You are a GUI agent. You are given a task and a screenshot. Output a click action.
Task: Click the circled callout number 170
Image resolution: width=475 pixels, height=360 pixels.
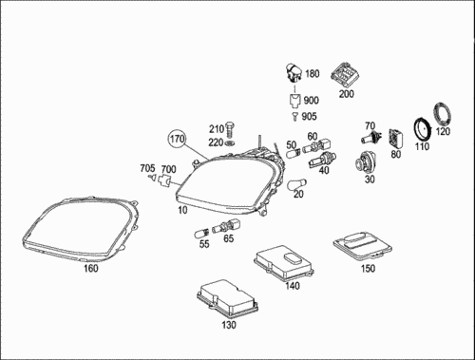(x=177, y=139)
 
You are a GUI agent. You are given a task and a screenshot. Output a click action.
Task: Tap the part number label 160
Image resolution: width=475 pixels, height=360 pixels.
(x=90, y=269)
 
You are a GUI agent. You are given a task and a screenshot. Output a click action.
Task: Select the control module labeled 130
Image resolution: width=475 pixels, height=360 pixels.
(x=227, y=298)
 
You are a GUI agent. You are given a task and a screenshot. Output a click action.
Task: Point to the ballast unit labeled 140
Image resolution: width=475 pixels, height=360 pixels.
(x=284, y=262)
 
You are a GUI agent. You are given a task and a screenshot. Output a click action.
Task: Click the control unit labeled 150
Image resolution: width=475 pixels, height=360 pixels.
(x=363, y=246)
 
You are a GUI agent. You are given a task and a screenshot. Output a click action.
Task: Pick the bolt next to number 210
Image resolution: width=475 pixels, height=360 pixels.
(x=230, y=128)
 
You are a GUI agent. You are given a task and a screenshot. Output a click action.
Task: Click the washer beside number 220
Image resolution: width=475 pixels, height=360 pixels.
(x=230, y=143)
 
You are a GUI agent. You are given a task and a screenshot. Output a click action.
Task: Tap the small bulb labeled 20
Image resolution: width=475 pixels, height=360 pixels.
(x=296, y=184)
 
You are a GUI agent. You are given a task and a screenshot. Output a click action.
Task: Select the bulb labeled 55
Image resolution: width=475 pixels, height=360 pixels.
(x=201, y=235)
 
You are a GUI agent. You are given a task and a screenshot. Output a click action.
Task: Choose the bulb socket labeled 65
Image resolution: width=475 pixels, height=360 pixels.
(x=226, y=226)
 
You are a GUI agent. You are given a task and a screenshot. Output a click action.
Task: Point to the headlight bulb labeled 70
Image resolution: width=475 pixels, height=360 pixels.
(x=371, y=138)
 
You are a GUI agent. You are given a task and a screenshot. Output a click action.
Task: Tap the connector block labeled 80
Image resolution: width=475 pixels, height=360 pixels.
(x=396, y=139)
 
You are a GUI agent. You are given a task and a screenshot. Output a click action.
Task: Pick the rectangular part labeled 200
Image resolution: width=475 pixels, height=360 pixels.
(x=345, y=76)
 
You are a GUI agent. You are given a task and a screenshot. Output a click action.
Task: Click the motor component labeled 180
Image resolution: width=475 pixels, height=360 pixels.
(x=294, y=73)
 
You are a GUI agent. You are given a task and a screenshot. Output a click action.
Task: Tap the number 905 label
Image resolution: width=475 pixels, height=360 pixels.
(x=309, y=117)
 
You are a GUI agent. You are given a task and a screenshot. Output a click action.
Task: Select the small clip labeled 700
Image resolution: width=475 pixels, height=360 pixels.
(x=164, y=181)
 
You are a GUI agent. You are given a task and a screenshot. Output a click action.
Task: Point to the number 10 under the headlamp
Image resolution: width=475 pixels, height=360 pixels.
(x=182, y=210)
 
